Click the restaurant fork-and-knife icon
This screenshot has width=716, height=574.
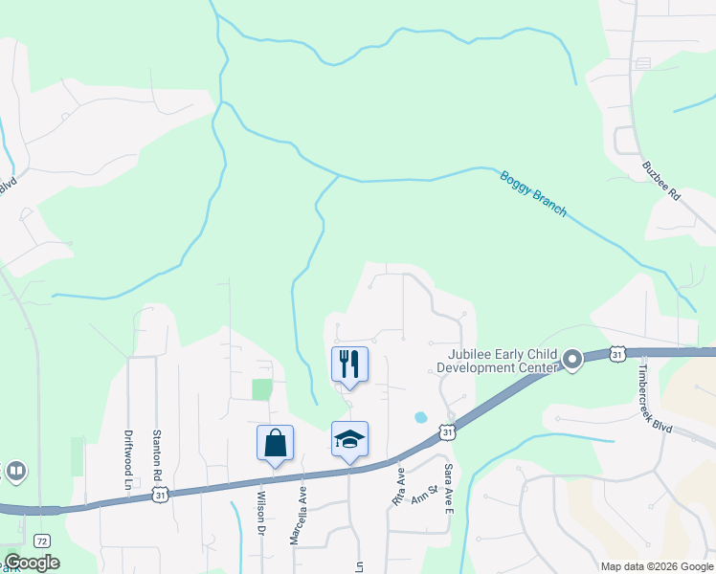coord(348,364)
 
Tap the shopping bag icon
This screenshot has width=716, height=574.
coord(275,443)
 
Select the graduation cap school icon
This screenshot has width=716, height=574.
coord(349,439)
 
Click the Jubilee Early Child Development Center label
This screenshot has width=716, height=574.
coord(497,361)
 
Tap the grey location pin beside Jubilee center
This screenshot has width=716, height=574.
coord(572,361)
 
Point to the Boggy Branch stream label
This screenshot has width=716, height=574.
coord(533,194)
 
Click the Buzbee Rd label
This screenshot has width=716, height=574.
coord(660,179)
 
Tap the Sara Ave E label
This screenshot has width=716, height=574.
coord(447,489)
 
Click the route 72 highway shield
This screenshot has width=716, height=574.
coord(41,541)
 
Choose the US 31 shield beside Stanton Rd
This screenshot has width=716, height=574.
coord(162,493)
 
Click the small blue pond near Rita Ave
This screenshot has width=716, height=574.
coord(419,417)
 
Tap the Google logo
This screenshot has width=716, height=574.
coord(32,563)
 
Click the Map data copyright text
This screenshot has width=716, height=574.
coord(657,566)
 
